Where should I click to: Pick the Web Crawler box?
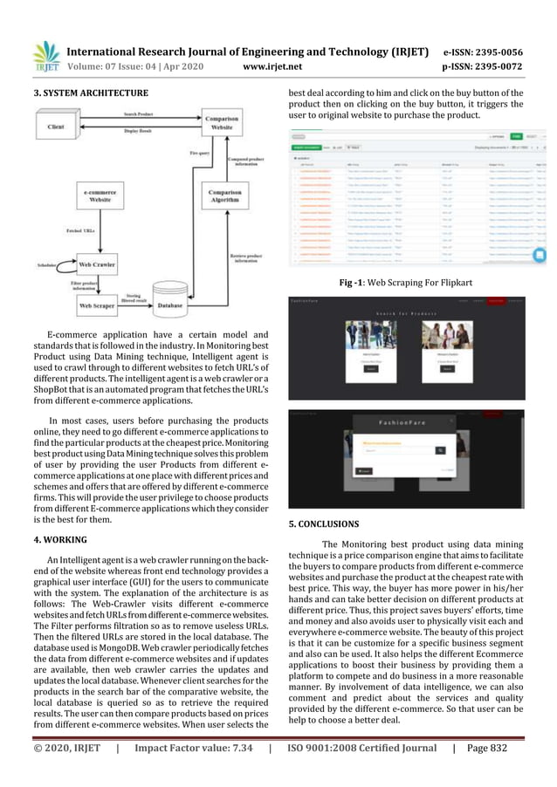pos(99,263)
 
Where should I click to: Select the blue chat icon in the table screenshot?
pos(539,255)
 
